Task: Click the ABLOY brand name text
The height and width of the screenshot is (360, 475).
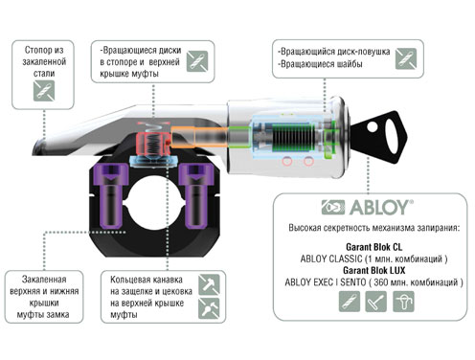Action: (381, 208)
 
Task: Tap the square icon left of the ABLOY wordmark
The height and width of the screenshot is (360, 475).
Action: (333, 207)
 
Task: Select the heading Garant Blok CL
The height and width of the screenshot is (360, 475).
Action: (373, 247)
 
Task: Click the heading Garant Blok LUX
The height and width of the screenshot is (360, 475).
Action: (373, 270)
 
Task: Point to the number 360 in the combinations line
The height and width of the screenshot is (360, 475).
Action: (381, 282)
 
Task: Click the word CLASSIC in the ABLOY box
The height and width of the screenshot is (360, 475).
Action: (347, 259)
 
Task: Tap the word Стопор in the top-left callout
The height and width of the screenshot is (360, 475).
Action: (38, 50)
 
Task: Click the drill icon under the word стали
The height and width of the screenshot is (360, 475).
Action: (44, 91)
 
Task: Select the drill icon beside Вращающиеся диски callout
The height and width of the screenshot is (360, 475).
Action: (197, 61)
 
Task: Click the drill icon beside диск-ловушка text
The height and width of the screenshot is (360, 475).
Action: (406, 58)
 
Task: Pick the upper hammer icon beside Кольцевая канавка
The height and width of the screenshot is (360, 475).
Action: (209, 284)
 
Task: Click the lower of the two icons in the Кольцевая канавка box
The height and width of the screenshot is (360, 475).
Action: (209, 308)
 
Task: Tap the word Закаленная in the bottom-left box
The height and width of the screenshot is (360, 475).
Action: (44, 280)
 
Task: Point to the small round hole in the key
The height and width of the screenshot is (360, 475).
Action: (373, 127)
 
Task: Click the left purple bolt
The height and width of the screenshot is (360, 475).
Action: (111, 195)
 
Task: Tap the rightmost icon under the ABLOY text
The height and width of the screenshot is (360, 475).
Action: (403, 301)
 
